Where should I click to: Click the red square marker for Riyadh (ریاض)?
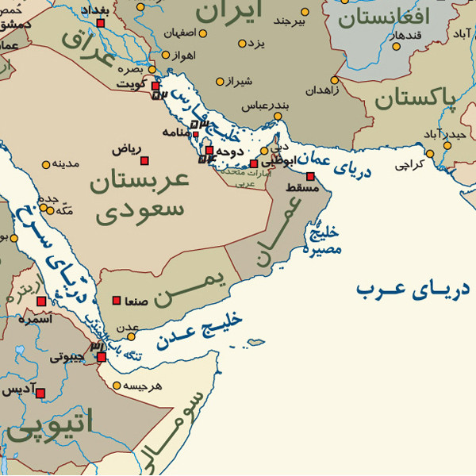(x=144, y=161)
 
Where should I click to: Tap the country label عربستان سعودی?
(x=139, y=195)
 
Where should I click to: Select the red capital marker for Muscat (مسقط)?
(x=310, y=176)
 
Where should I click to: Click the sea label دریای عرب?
(x=412, y=289)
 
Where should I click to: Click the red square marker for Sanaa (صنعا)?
(x=117, y=301)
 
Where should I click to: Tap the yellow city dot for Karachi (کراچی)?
(x=429, y=154)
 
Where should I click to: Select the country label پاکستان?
(x=416, y=98)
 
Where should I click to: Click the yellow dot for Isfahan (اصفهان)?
(x=202, y=34)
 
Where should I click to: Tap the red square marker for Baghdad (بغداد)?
(x=101, y=23)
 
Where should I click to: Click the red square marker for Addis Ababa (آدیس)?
(x=40, y=393)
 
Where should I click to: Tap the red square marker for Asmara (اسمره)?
(x=41, y=301)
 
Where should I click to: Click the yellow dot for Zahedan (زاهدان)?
(x=334, y=80)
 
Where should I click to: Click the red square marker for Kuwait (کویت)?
(x=155, y=86)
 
